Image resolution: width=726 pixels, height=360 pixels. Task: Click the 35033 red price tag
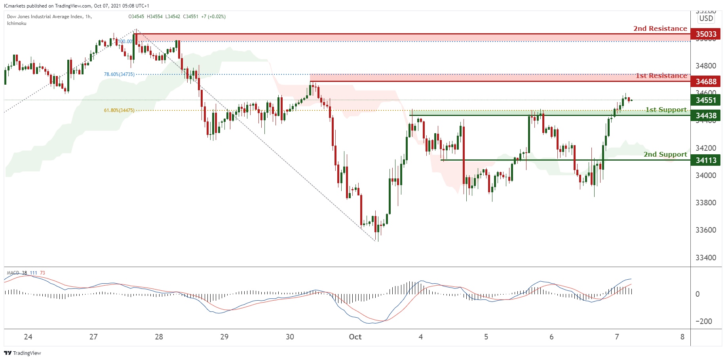[706, 34]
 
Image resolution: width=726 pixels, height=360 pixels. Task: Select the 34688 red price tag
[706, 81]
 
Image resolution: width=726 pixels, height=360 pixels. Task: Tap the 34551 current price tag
[706, 100]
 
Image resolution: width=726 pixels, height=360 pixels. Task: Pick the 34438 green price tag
[706, 116]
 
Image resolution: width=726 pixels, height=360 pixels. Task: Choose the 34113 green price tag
[706, 160]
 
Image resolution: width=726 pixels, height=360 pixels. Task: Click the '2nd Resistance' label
[660, 28]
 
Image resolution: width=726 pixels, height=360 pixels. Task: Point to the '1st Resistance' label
[661, 76]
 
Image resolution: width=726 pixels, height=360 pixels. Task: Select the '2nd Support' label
[665, 154]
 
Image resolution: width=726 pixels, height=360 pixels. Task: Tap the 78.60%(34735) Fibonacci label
[119, 74]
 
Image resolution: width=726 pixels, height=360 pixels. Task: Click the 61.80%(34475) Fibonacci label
[119, 110]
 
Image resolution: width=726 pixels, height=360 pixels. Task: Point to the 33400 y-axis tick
[706, 258]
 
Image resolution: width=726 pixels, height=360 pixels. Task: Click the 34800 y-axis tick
[706, 66]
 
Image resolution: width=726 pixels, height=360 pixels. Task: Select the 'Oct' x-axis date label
[355, 337]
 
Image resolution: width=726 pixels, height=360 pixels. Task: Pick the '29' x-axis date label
[224, 337]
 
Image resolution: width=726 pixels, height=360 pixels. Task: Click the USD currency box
[706, 18]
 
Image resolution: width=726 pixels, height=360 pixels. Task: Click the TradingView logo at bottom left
[23, 353]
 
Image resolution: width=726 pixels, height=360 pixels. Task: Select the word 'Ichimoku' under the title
[17, 23]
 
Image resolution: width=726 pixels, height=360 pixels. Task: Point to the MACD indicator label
[13, 273]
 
